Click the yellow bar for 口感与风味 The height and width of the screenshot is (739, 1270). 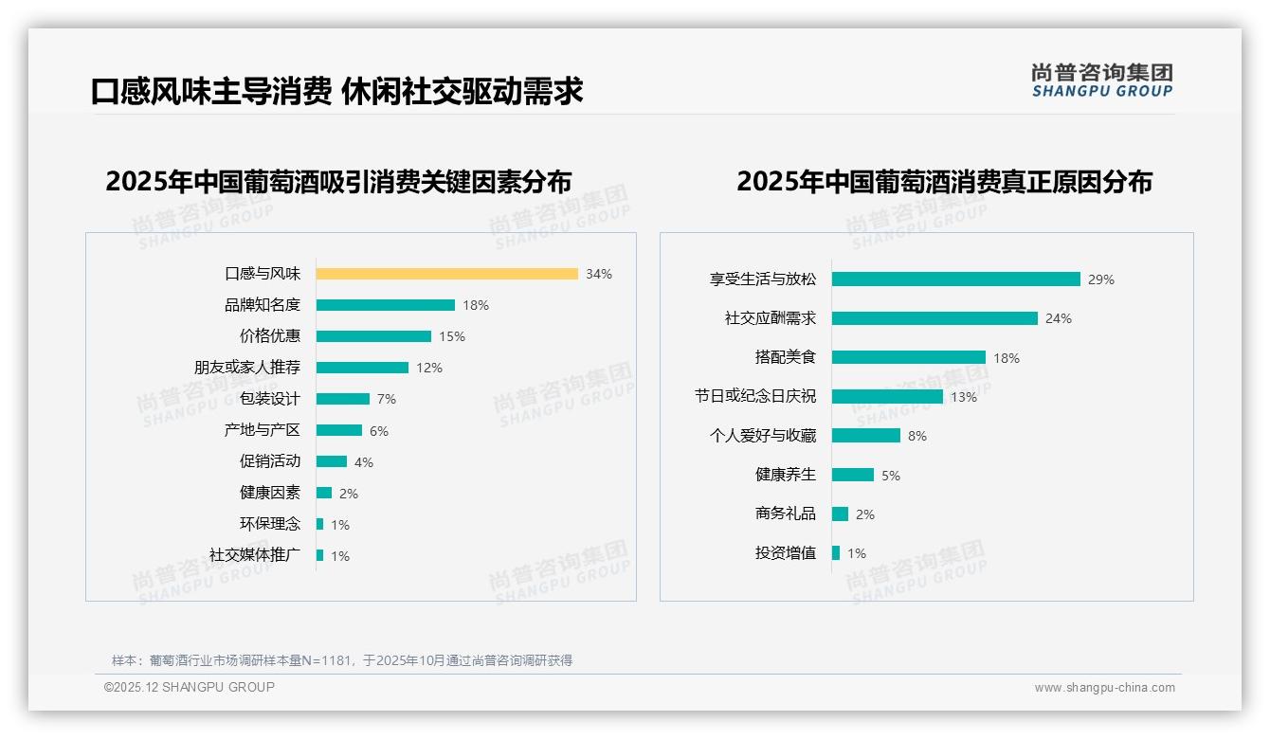point(446,274)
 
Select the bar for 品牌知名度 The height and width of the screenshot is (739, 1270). point(385,305)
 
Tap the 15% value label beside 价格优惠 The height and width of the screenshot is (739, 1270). point(451,336)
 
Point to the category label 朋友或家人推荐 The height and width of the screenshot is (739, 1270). point(246,368)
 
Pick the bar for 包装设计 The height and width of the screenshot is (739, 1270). point(342,399)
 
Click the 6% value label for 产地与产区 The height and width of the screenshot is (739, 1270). point(379,431)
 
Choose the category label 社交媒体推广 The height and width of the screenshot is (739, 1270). point(254,555)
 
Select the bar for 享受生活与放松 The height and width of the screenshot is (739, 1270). point(955,279)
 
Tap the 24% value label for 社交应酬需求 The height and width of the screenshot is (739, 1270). point(1058,318)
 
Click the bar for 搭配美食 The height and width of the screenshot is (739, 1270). point(908,358)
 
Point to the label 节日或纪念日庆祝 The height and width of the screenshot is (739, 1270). point(754,397)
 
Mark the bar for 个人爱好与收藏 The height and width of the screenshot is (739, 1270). point(865,436)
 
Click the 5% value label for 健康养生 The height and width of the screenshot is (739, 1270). point(891,476)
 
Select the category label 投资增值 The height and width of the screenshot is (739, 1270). point(785,553)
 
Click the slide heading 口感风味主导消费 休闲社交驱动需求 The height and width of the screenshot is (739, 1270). point(336,91)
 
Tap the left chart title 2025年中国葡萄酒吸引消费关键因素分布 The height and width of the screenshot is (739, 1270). point(338,182)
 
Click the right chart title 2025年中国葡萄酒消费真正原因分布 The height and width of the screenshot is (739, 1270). point(944,182)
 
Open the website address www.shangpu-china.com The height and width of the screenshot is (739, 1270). point(1104,688)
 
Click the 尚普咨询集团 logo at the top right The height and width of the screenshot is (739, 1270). point(1101,80)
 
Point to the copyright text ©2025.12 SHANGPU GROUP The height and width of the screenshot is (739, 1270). point(190,687)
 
